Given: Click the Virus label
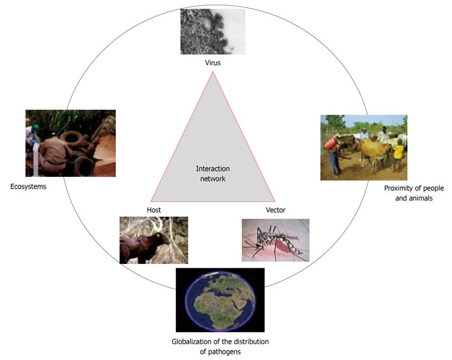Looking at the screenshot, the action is [213, 63].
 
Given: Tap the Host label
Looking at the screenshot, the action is [154, 210].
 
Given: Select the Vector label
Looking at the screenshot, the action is [276, 210].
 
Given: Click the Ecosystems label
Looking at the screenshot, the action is [28, 186].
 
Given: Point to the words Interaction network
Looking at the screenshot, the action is [213, 174].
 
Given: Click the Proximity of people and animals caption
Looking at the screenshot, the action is [414, 193].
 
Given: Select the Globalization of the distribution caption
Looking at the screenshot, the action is [220, 342].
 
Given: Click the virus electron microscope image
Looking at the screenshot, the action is [213, 32].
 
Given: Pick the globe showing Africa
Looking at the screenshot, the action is [220, 300].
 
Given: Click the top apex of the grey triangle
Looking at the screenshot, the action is [213, 71].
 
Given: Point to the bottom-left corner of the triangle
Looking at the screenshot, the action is [151, 201].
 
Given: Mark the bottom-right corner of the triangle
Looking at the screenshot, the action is [275, 201].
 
